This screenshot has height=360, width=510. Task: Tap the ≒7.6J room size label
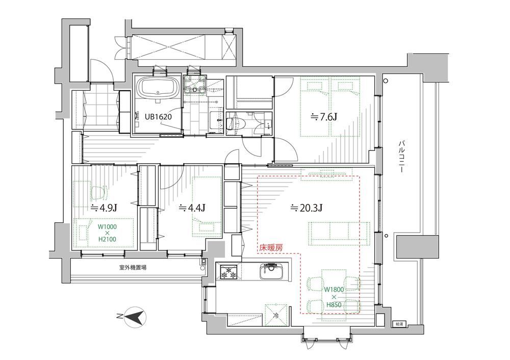(x=323, y=116)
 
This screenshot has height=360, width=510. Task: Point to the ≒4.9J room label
(x=104, y=208)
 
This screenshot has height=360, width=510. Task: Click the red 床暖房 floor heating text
(x=271, y=248)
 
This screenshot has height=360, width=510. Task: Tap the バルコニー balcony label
(x=401, y=156)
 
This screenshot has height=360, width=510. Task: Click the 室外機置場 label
(x=132, y=268)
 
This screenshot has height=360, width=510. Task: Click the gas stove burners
(x=229, y=272)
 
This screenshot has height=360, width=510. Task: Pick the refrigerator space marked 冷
(x=276, y=315)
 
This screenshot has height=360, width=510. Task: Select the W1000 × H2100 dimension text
(x=107, y=233)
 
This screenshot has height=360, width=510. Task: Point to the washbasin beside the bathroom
(x=194, y=86)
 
